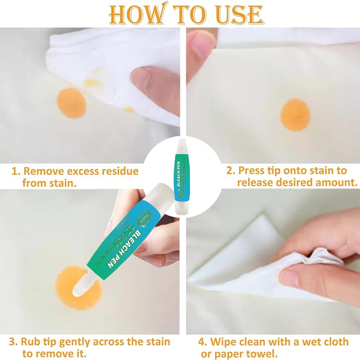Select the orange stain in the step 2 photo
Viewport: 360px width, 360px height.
pos(295,115)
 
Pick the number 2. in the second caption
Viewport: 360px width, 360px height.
pos(230,171)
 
